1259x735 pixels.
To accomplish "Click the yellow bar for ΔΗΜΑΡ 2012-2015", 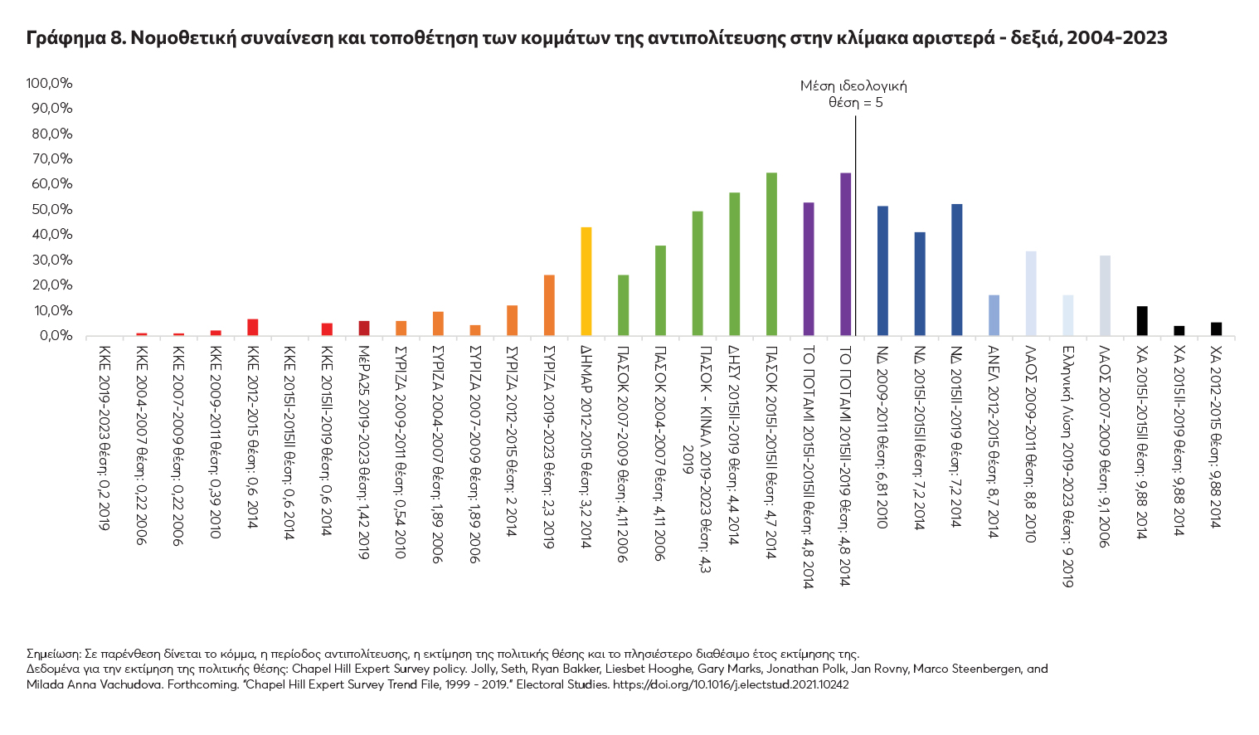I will (586, 281).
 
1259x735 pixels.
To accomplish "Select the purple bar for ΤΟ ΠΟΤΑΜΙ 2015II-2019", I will (845, 254).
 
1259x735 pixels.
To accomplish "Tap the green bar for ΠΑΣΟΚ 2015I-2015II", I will (771, 254).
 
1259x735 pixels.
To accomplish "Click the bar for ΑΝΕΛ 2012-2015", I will (994, 315).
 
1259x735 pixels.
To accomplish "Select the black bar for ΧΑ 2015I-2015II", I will (1142, 321).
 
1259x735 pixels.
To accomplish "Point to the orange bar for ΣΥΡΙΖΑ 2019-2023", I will (549, 305).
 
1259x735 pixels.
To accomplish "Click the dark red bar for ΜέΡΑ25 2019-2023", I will (363, 328).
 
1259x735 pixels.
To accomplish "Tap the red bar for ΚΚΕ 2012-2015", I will (252, 327).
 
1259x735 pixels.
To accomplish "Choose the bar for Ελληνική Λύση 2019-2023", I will (1067, 315).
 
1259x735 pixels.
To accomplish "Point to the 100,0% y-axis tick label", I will (50, 83).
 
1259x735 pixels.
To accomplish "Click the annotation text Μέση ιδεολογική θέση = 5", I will (853, 94).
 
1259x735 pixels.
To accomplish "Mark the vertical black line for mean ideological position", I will (855, 224).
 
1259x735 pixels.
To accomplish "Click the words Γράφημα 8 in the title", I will (75, 38).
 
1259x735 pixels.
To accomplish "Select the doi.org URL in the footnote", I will (730, 685).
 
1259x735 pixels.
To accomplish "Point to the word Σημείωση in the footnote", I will (53, 654).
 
